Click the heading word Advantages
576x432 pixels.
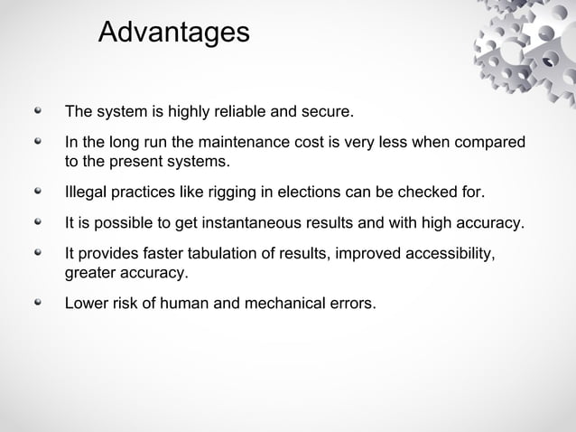coord(172,33)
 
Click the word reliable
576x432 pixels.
coord(237,114)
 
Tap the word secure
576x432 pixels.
coord(327,114)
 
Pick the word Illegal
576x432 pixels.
coord(86,193)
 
